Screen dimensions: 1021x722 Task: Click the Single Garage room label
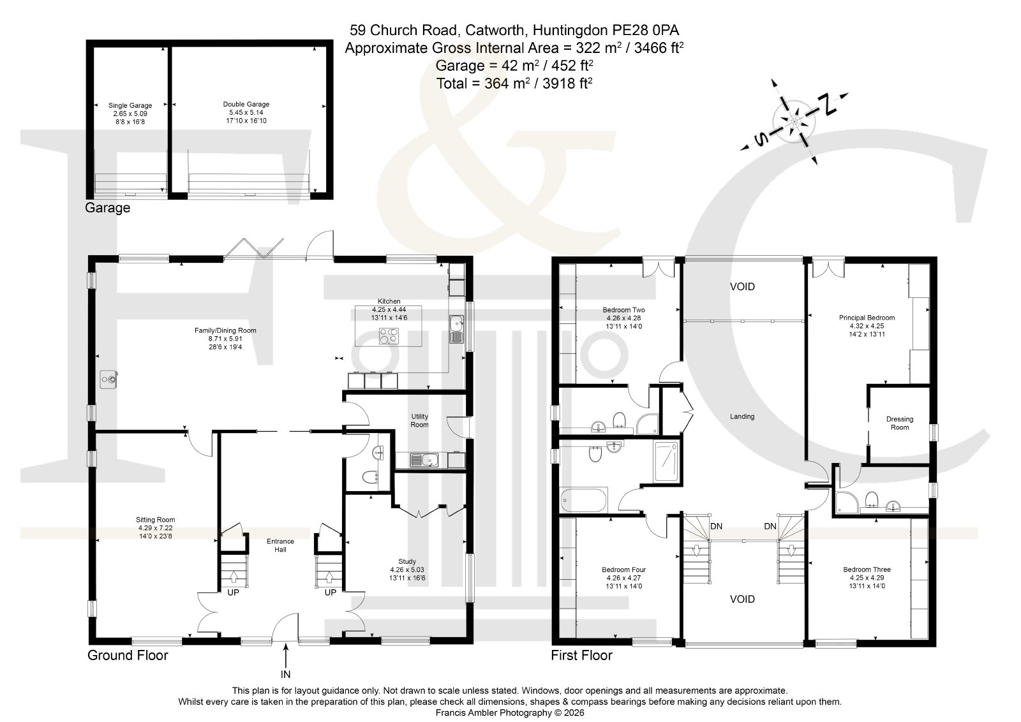[x=130, y=105]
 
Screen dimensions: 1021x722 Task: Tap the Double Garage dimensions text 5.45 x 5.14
[x=246, y=112]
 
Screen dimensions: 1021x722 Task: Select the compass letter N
[x=828, y=105]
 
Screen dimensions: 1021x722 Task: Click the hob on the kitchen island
[x=389, y=335]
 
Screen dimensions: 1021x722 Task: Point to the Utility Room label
[x=419, y=420]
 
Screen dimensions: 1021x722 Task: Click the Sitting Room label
[x=156, y=519]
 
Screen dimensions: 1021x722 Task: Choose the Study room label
[x=407, y=561]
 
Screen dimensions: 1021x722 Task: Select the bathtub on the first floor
[x=585, y=500]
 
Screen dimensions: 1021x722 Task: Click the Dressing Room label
[x=900, y=423]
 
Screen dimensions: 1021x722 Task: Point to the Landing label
[x=742, y=416]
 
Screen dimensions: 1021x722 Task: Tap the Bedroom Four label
[x=623, y=570]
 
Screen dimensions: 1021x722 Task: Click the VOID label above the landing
[x=743, y=286]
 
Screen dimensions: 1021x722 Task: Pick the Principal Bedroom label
[x=867, y=318]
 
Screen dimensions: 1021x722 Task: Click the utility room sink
[x=424, y=460]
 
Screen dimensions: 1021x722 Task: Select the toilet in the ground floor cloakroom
[x=370, y=477]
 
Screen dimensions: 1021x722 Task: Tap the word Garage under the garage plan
[x=108, y=208]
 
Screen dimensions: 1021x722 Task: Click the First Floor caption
[x=581, y=655]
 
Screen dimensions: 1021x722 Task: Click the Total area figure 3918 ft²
[x=567, y=83]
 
